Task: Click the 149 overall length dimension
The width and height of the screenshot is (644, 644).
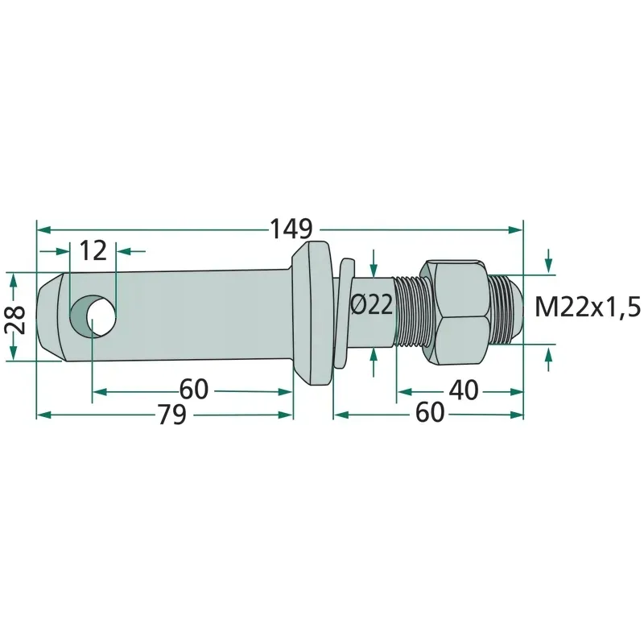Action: point(291,229)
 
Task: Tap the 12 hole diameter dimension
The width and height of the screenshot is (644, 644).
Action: point(93,250)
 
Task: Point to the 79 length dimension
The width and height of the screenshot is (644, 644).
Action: point(172,415)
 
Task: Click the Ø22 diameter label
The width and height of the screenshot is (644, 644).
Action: point(372,305)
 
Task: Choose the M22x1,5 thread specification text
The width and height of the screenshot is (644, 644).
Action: point(588,308)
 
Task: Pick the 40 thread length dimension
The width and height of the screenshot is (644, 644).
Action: point(464,390)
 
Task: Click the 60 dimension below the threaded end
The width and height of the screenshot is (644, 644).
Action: point(430,413)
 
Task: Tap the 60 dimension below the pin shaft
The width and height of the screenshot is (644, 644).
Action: point(194,390)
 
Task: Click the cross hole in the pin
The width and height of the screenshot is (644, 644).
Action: point(93,315)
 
